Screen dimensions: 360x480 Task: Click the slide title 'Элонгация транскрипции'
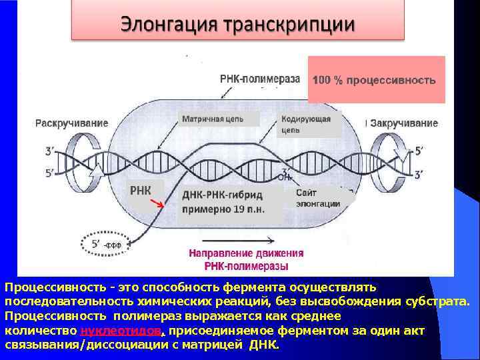pyautogui.click(x=237, y=25)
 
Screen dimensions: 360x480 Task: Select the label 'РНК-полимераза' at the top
pyautogui.click(x=260, y=79)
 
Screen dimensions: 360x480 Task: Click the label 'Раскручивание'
pyautogui.click(x=72, y=123)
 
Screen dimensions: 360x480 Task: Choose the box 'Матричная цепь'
pyautogui.click(x=211, y=120)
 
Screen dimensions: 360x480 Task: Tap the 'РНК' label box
pyautogui.click(x=141, y=191)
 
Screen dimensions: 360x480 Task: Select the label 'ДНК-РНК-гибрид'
pyautogui.click(x=223, y=195)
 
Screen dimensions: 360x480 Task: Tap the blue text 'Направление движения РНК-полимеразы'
pyautogui.click(x=246, y=259)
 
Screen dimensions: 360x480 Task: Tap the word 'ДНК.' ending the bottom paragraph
pyautogui.click(x=265, y=346)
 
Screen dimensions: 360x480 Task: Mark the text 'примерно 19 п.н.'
pyautogui.click(x=223, y=209)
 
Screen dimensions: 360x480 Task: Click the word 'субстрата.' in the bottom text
pyautogui.click(x=441, y=301)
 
